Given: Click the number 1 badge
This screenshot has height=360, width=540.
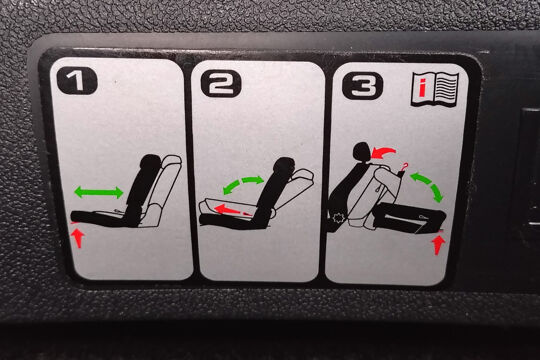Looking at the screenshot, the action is pyautogui.click(x=77, y=81).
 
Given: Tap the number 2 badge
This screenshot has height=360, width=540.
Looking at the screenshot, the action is pyautogui.click(x=221, y=84).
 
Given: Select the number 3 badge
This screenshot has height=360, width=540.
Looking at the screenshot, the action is pyautogui.click(x=362, y=86).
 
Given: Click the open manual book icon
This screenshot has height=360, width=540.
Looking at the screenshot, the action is pyautogui.click(x=435, y=89).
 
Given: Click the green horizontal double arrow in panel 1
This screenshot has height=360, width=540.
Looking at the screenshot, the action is pyautogui.click(x=99, y=192).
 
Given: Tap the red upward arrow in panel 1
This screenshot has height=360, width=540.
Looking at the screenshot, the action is pyautogui.click(x=79, y=238).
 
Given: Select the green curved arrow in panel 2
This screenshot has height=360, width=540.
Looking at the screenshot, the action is pyautogui.click(x=243, y=183).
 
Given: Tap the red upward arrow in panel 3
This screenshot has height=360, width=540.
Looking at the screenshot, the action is pyautogui.click(x=438, y=244).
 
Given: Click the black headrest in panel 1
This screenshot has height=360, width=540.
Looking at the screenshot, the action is pyautogui.click(x=150, y=162).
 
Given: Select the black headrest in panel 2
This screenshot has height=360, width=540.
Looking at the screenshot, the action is pyautogui.click(x=284, y=165).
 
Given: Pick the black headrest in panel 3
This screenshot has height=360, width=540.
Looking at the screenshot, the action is pyautogui.click(x=362, y=152).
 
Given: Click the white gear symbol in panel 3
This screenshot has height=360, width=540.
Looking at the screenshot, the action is pyautogui.click(x=339, y=218).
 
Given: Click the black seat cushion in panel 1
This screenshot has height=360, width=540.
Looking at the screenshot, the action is pyautogui.click(x=103, y=218).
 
